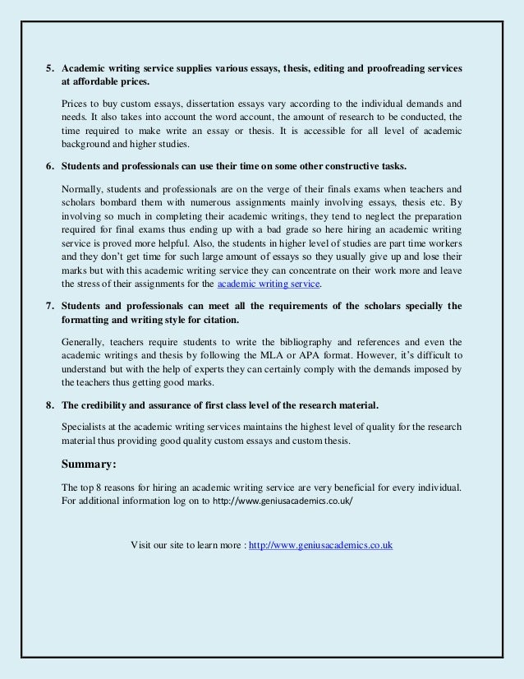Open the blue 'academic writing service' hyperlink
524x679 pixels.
[x=269, y=284]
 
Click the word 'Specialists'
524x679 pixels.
[x=87, y=426]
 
